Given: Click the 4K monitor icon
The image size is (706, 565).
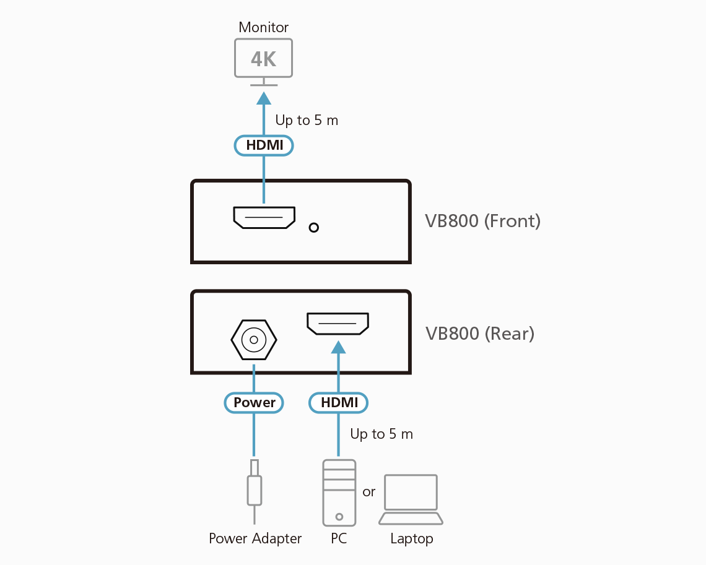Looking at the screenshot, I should pyautogui.click(x=263, y=59).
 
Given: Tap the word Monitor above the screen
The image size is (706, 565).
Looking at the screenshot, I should pyautogui.click(x=264, y=27).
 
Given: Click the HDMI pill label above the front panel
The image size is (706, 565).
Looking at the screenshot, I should pyautogui.click(x=264, y=145).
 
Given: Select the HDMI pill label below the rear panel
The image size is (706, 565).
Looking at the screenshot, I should pyautogui.click(x=339, y=403).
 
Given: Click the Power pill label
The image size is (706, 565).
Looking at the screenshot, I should pyautogui.click(x=254, y=403).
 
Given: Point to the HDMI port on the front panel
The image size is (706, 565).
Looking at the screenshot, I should pyautogui.click(x=264, y=217).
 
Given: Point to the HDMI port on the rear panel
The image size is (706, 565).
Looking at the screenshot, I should pyautogui.click(x=338, y=324).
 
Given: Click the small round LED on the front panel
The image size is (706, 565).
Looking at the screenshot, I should pyautogui.click(x=314, y=227).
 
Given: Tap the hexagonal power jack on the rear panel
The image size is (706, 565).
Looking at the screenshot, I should pyautogui.click(x=253, y=339).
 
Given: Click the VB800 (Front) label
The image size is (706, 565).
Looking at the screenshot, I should pyautogui.click(x=482, y=221).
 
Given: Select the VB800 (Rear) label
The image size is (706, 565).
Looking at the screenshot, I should pyautogui.click(x=479, y=334).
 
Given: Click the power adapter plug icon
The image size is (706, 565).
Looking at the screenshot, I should pyautogui.click(x=254, y=486).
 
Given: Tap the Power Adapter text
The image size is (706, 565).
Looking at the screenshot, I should pyautogui.click(x=255, y=538).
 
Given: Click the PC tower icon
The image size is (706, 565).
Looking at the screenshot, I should pyautogui.click(x=339, y=492).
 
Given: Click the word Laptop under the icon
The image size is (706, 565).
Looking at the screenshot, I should pyautogui.click(x=411, y=538).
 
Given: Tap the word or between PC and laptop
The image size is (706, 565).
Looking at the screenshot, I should pyautogui.click(x=369, y=492).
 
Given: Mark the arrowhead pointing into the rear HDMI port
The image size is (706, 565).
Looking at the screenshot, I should pyautogui.click(x=338, y=347).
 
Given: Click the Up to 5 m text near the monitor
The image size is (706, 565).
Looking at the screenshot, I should pyautogui.click(x=307, y=120).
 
